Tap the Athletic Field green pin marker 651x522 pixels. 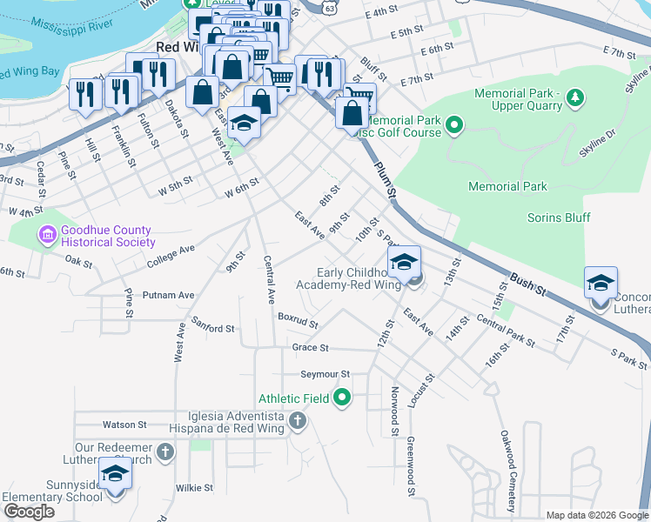[342, 398]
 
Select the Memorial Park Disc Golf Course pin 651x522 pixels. [453, 127]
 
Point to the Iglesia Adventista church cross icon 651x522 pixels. [297, 423]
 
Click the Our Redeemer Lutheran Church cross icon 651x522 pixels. [164, 452]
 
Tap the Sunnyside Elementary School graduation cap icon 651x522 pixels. [115, 475]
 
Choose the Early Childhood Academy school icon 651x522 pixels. [405, 263]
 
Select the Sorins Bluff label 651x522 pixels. [554, 217]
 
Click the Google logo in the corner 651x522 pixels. [29, 512]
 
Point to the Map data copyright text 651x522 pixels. [596, 515]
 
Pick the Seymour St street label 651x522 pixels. [324, 374]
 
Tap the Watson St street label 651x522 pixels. [124, 425]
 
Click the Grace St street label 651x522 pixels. [310, 347]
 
